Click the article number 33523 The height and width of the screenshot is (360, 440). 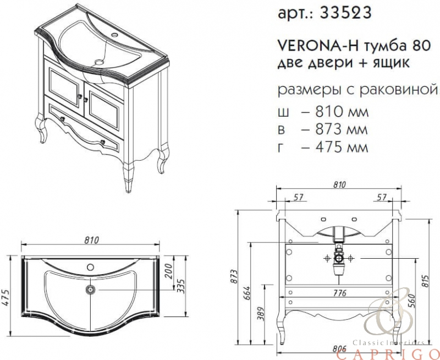[345, 13]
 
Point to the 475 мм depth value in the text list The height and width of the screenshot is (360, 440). [341, 147]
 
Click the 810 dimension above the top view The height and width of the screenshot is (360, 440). [91, 241]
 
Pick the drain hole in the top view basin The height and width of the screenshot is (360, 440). [91, 289]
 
